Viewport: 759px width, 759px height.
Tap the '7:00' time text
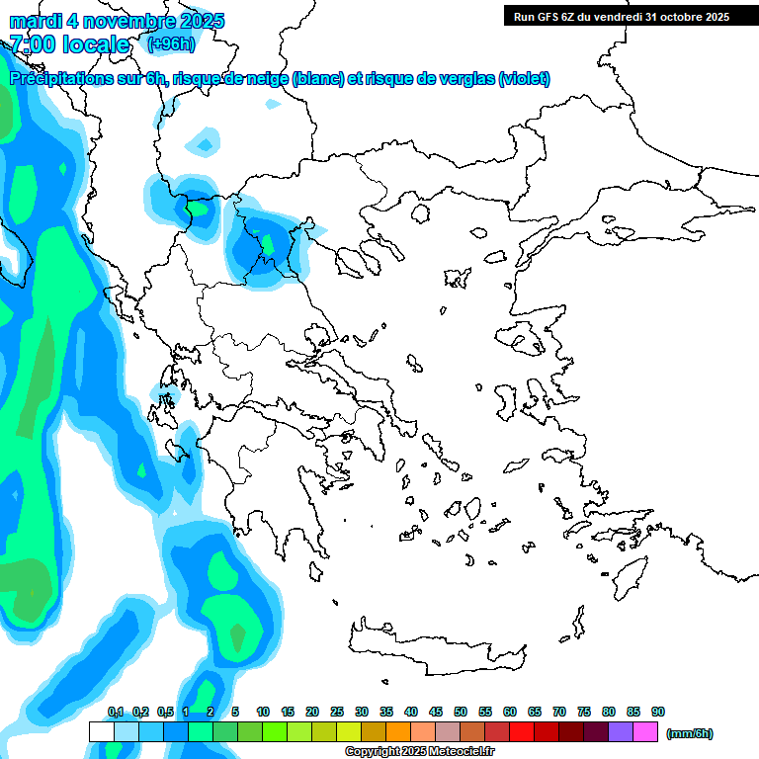click(32, 44)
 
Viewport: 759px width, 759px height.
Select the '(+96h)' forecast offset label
click(171, 43)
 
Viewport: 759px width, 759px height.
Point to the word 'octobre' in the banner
click(677, 17)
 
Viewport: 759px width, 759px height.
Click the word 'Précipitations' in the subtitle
click(65, 79)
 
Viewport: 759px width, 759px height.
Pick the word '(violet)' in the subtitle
click(524, 79)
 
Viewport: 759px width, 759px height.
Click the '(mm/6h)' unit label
click(690, 733)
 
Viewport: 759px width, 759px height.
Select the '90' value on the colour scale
click(658, 712)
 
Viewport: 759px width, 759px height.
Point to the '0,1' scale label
click(116, 712)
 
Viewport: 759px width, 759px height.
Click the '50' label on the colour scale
click(461, 712)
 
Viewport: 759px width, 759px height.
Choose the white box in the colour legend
click(102, 732)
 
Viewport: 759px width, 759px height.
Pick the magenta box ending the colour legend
click(645, 732)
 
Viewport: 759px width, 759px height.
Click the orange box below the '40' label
click(398, 732)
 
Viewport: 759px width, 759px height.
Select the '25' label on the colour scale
click(337, 712)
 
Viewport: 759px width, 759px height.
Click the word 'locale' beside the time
click(96, 44)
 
